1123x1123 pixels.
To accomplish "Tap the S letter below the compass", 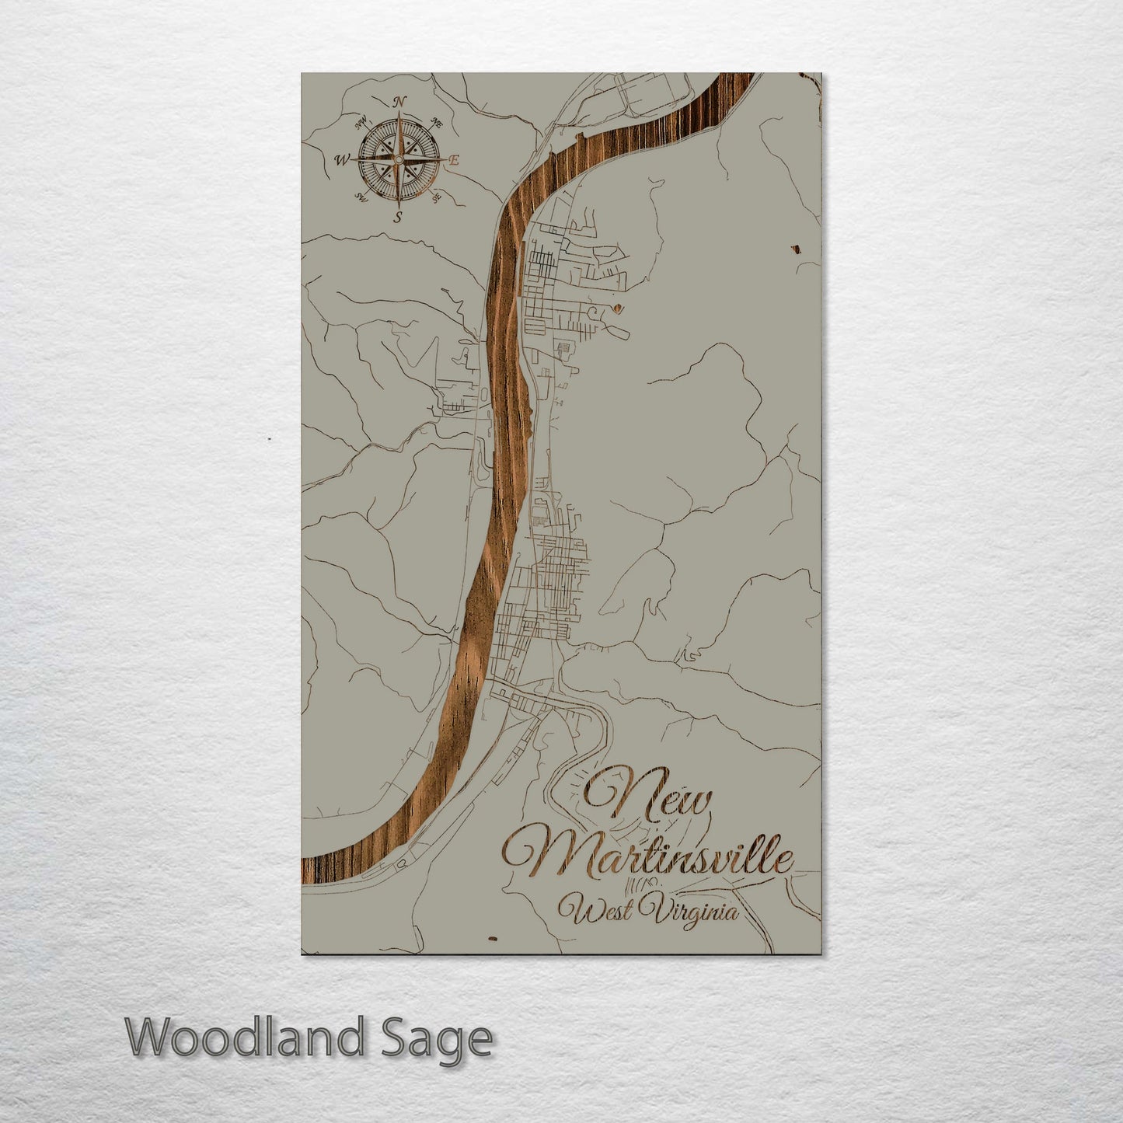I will [x=398, y=217].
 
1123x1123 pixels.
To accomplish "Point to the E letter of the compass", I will [x=455, y=160].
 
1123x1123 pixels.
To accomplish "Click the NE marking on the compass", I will [x=437, y=123].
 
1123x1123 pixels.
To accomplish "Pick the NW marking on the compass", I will [x=361, y=123].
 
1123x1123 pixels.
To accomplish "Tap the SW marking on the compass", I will [x=361, y=197].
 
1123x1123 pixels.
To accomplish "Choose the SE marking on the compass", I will [x=437, y=197].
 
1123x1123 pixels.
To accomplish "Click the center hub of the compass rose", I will [x=398, y=159].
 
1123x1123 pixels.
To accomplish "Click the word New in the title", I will [x=648, y=797].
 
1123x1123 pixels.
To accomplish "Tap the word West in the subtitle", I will [x=595, y=910].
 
